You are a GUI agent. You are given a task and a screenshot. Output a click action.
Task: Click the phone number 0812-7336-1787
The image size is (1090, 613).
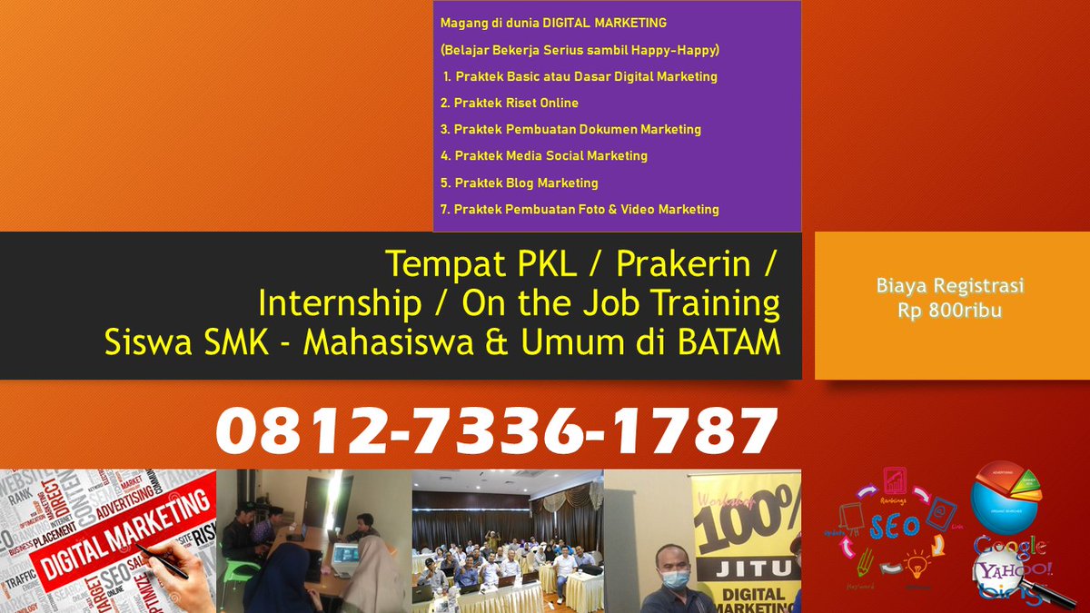click(x=497, y=430)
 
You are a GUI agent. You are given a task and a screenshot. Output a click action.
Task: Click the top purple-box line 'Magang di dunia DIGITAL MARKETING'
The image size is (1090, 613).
click(x=553, y=23)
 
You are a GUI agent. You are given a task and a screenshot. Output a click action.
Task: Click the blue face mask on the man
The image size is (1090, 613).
click(x=675, y=579)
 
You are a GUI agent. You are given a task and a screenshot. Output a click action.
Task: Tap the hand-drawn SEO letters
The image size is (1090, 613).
click(x=894, y=528)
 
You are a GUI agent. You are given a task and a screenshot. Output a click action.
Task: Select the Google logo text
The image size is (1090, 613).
click(x=1010, y=546)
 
